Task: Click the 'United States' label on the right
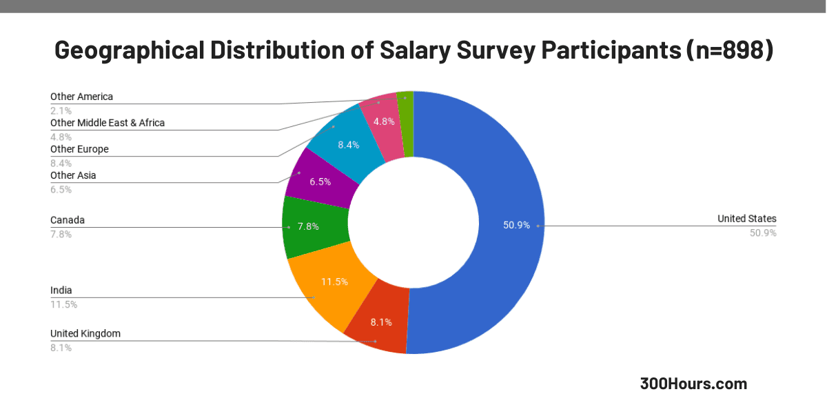746,219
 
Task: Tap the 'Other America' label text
81,97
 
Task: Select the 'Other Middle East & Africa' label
108,123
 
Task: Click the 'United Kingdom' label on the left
85,333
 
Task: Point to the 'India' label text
61,290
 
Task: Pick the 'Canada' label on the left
68,220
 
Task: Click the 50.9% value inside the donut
516,225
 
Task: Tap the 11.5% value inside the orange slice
334,282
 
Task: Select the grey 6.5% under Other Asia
61,189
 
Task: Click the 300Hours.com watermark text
693,384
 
